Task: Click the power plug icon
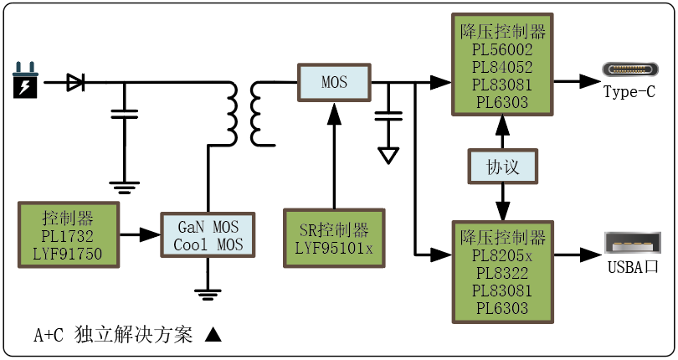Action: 25,81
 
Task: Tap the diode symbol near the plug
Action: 75,82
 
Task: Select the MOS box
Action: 334,82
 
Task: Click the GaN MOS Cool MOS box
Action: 208,236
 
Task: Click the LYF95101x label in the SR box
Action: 334,248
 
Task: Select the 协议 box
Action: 502,167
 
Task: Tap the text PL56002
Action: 502,50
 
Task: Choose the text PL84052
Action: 502,68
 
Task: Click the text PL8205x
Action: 502,255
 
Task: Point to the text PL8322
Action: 502,273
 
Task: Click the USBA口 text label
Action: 634,268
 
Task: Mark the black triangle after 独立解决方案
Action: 213,335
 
